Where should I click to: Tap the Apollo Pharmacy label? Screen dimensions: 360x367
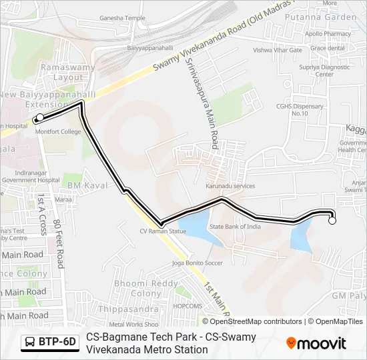click(x=328, y=33)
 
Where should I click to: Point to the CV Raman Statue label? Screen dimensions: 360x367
click(x=163, y=231)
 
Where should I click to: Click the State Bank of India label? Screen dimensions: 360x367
click(x=236, y=227)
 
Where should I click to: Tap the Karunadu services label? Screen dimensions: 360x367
click(x=230, y=186)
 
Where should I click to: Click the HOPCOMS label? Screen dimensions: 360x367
click(x=188, y=306)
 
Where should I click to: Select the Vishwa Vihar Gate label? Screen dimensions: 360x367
click(x=278, y=50)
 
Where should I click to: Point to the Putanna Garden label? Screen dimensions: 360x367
click(x=320, y=17)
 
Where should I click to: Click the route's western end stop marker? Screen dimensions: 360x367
click(x=39, y=118)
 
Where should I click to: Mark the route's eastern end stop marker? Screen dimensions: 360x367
click(x=332, y=221)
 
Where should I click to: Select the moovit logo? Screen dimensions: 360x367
click(x=316, y=343)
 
